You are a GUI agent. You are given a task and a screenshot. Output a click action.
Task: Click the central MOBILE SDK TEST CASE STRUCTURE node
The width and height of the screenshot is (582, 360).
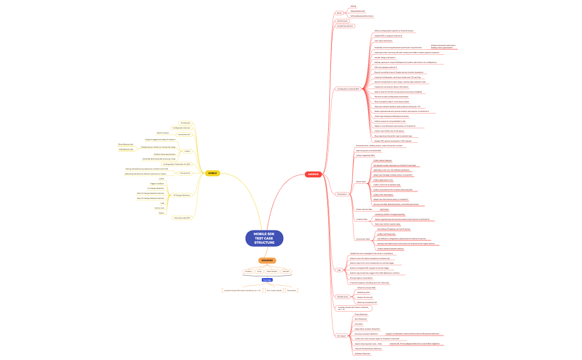coord(264,238)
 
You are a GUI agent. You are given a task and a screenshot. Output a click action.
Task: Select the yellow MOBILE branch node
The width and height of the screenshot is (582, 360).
coord(212,173)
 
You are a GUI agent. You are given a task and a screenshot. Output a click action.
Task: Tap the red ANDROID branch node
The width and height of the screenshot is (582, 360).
coord(313,174)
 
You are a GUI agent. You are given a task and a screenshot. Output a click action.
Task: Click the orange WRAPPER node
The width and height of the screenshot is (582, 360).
coord(267,260)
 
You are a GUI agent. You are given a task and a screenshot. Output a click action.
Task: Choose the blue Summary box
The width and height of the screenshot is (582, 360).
coord(267,280)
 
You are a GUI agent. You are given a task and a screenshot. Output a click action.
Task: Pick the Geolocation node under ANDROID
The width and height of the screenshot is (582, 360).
coord(342,194)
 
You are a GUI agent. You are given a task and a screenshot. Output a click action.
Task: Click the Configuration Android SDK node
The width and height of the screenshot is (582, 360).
coord(348,89)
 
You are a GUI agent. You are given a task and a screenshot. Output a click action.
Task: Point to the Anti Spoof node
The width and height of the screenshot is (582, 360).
coord(341,336)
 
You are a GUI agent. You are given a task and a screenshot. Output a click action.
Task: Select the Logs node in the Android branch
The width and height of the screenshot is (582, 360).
coord(339,270)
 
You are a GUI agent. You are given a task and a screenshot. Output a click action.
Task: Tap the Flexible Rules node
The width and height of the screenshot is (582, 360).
coord(343,296)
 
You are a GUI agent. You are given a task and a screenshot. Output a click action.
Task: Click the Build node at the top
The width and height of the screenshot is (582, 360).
coord(339,13)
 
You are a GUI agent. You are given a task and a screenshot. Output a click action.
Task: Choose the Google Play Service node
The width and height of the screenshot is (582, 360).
coord(345,26)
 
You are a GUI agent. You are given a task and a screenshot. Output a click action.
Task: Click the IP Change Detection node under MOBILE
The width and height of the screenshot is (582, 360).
coord(182,195)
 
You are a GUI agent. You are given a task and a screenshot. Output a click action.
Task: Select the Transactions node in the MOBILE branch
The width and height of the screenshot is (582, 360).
coord(185,173)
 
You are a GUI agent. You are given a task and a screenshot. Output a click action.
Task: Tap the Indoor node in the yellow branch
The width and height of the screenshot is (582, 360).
coord(187,151)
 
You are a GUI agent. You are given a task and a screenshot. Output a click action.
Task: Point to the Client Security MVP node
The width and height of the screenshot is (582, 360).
coord(182,218)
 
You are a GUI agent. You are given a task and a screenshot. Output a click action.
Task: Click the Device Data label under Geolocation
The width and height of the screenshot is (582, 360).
coord(360,181)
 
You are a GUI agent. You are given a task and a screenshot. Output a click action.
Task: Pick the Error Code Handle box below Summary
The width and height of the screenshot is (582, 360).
coord(274,290)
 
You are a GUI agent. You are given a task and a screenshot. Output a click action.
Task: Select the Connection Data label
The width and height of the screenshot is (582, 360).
coord(363,239)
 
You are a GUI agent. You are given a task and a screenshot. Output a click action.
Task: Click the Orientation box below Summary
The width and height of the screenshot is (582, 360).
coord(292,290)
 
